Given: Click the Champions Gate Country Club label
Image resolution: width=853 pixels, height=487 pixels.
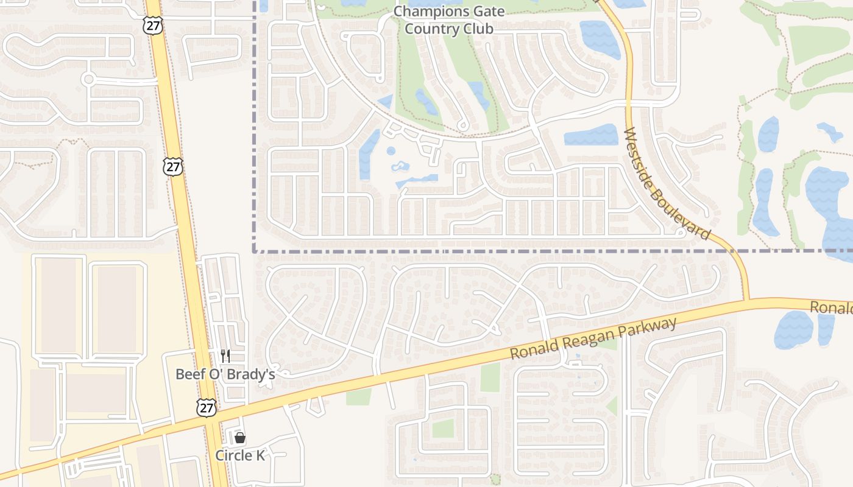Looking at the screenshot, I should (449, 19).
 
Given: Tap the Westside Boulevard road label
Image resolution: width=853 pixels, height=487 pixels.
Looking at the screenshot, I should (668, 183).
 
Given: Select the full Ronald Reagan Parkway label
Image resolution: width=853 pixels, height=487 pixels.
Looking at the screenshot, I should (593, 338).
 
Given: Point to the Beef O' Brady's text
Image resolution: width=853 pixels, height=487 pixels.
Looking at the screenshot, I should (225, 374).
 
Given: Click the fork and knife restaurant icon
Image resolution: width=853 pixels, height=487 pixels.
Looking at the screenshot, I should (225, 356).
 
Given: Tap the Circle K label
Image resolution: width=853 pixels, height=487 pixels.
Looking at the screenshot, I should (240, 455).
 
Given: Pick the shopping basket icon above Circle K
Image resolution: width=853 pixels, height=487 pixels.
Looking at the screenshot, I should (240, 438).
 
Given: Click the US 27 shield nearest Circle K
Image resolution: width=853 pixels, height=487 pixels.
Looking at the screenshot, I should (207, 407).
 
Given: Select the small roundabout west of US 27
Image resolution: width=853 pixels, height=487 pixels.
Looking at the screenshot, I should (89, 79).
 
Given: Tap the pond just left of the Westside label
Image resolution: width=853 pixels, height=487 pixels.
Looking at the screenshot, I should (590, 135).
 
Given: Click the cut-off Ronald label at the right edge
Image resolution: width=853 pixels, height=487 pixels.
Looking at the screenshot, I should (831, 307).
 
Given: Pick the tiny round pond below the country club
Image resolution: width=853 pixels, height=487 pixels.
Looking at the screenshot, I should (391, 150).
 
